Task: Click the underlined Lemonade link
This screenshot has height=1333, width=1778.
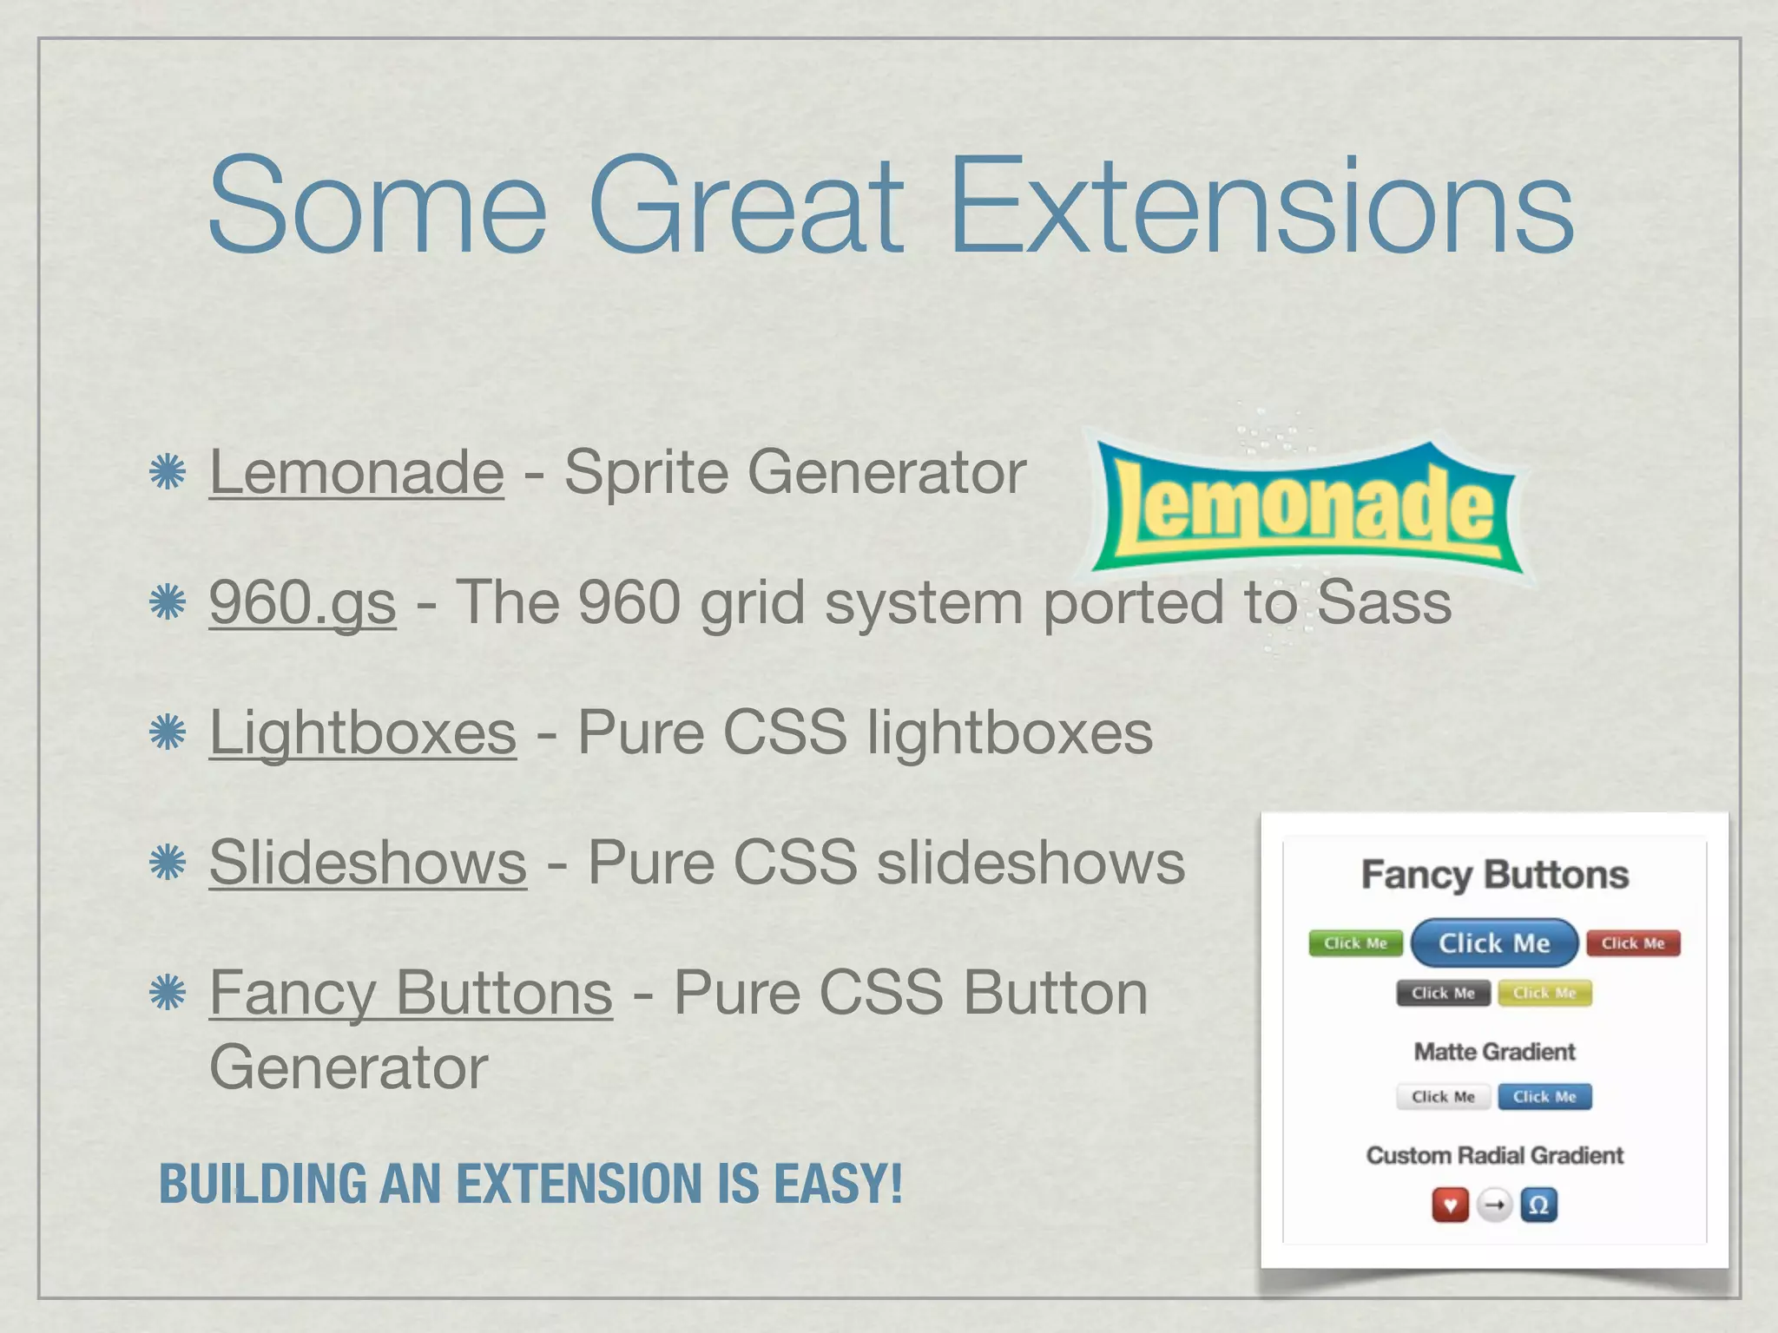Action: [x=356, y=472]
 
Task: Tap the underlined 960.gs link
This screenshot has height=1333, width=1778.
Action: [x=302, y=602]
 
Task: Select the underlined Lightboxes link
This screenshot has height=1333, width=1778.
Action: [x=363, y=732]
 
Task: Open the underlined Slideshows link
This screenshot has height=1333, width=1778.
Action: [x=367, y=863]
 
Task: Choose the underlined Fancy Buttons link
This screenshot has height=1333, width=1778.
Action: [x=411, y=993]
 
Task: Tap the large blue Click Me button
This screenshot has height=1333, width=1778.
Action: [x=1494, y=943]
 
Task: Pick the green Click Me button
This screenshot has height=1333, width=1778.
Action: [x=1355, y=943]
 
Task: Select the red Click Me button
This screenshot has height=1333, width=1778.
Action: [x=1633, y=943]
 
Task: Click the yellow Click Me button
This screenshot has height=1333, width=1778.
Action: [x=1544, y=993]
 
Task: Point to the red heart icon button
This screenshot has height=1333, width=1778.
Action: [x=1450, y=1205]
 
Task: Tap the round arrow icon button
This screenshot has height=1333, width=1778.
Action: [x=1494, y=1205]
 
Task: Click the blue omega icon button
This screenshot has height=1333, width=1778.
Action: [x=1538, y=1205]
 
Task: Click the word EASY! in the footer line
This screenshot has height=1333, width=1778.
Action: [x=838, y=1184]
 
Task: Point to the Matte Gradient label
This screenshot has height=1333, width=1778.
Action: [x=1494, y=1052]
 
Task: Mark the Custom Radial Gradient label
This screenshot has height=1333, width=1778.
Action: [x=1494, y=1155]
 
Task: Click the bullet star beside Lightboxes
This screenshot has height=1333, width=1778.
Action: [x=168, y=732]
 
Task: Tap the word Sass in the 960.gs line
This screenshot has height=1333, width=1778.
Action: [x=1384, y=602]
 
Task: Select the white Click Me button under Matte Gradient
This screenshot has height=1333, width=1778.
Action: [x=1443, y=1097]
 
